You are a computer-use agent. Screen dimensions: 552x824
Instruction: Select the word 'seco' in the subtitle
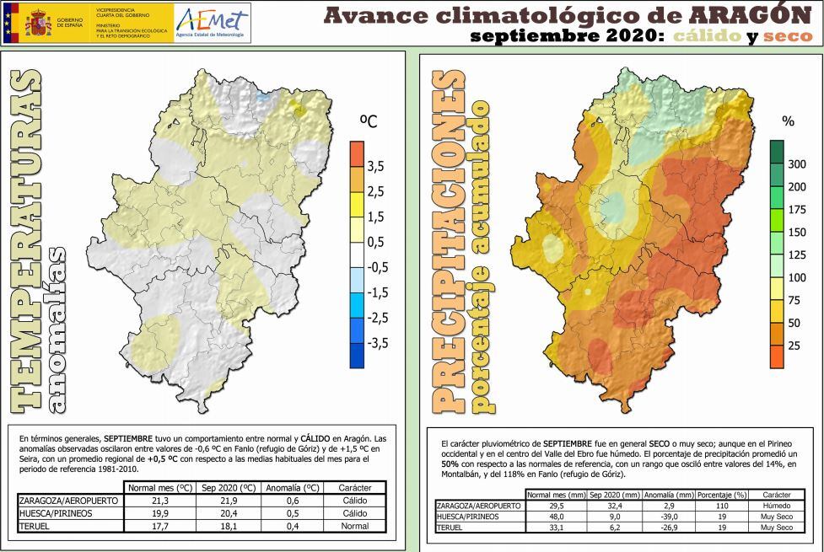(x=787, y=36)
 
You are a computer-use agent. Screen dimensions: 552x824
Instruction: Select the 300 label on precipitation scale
(x=796, y=164)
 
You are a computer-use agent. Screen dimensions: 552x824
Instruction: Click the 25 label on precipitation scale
(x=794, y=346)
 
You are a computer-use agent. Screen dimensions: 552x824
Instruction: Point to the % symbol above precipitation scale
(x=789, y=122)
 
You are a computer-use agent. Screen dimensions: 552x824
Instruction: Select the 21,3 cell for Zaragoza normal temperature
(x=163, y=501)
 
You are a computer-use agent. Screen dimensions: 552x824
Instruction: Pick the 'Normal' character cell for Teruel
(x=354, y=526)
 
